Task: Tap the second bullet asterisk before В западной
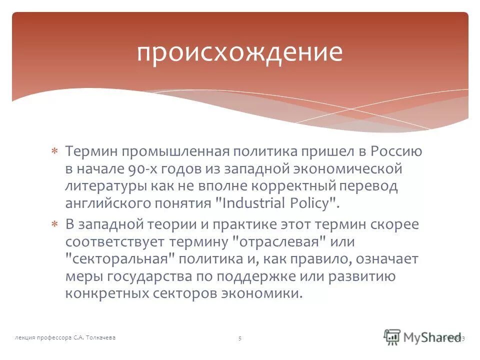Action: point(55,224)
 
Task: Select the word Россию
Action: point(397,151)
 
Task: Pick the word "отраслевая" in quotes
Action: point(280,242)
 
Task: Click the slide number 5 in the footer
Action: point(240,338)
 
